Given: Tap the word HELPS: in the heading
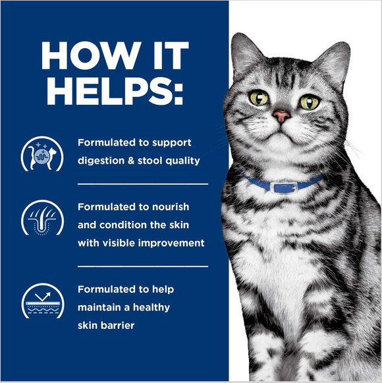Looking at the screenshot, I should (113, 93).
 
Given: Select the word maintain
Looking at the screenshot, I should (99, 307).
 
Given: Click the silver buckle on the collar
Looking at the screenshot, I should (285, 187).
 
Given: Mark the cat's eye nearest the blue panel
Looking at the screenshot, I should (258, 98).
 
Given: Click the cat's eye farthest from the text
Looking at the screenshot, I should (309, 102).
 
